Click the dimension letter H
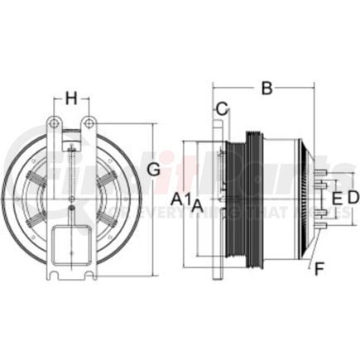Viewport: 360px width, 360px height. [72, 98]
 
